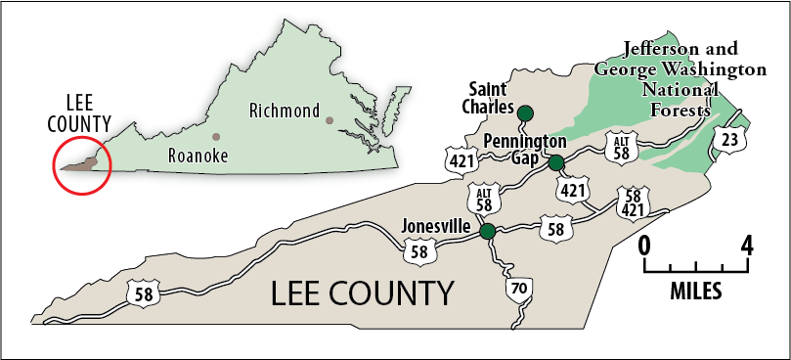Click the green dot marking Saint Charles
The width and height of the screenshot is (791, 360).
525,112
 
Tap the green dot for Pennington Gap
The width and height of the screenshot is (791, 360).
555,162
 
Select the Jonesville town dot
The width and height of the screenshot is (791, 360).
487,231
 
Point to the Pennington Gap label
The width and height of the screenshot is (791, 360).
524,150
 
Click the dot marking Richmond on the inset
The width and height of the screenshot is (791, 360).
330,120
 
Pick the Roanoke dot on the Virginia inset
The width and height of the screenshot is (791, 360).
216,136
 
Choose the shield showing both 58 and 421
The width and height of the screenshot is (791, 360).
631,203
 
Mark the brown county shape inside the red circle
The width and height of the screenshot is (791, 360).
83,163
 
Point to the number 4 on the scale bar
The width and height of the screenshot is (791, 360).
748,245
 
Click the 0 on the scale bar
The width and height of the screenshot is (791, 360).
644,245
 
